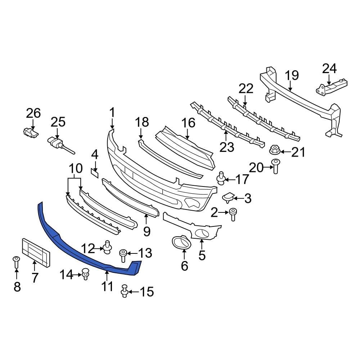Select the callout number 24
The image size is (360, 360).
click(329, 68)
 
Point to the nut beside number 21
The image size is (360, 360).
click(275, 150)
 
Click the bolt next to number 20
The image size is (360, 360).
click(275, 166)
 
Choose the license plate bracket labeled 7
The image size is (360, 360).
click(36, 252)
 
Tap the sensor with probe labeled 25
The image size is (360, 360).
click(58, 144)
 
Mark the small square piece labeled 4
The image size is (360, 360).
click(94, 174)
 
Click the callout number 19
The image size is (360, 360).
click(292, 75)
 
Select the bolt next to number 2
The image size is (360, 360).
click(232, 214)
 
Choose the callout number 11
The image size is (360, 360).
click(107, 287)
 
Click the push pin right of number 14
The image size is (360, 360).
click(85, 274)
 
